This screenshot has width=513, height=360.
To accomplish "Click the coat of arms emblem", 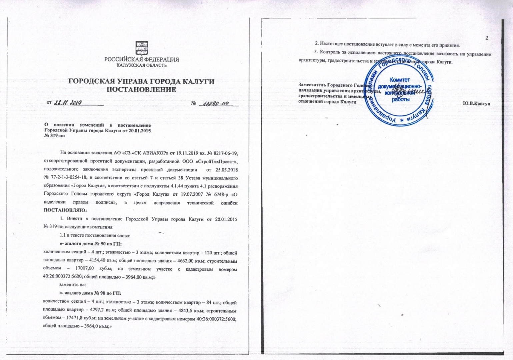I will coord(141,48).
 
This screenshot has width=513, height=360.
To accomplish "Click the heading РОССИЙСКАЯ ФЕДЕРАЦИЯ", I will coord(141,60).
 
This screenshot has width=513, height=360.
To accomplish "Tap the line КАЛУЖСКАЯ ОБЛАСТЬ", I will coord(141,65).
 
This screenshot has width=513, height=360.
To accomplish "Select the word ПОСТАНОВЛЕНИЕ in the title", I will coord(141,90).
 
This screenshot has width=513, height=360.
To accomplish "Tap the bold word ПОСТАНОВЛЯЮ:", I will coord(65,211).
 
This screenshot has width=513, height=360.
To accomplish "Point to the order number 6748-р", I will coord(216,194).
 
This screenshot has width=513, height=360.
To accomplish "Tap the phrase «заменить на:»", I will coord(73,285).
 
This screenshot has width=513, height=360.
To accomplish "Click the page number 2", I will coord(487,38).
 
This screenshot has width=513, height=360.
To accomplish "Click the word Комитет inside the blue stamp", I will coord(400,80).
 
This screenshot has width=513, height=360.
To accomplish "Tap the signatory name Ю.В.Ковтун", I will coord(476,104).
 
